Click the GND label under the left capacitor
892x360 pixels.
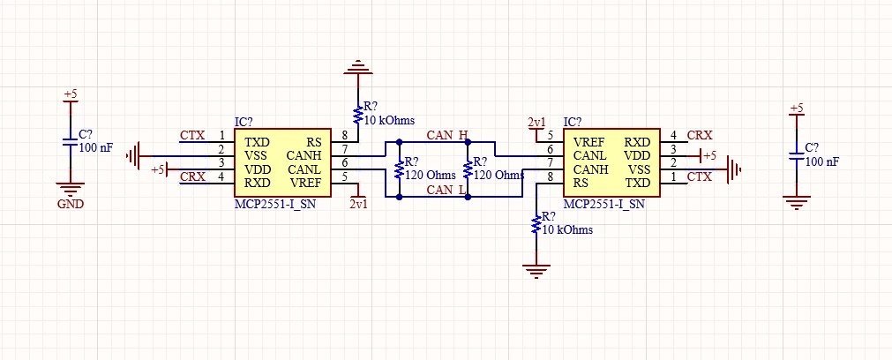click(x=71, y=204)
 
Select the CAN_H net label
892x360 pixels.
click(x=447, y=135)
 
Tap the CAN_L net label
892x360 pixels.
click(x=447, y=190)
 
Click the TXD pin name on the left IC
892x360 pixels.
click(x=257, y=142)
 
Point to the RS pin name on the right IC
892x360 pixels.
click(x=581, y=184)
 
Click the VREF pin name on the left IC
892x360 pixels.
click(x=305, y=184)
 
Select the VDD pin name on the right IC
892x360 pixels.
click(x=637, y=156)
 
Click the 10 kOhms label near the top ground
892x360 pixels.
click(x=389, y=121)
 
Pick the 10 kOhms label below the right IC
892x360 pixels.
click(x=567, y=229)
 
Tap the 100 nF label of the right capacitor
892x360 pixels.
click(x=822, y=161)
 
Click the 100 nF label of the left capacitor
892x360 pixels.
click(x=95, y=148)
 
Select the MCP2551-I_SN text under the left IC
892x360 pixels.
click(x=274, y=204)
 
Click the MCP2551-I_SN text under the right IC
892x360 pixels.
click(x=603, y=204)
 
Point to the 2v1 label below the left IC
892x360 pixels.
click(x=358, y=204)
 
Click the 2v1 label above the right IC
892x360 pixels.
click(x=536, y=123)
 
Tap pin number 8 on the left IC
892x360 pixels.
click(x=345, y=135)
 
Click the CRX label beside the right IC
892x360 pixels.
click(x=700, y=135)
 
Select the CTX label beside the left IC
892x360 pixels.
click(x=192, y=135)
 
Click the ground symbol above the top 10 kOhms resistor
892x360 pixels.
click(x=358, y=67)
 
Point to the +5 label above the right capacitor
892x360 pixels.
click(x=797, y=108)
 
